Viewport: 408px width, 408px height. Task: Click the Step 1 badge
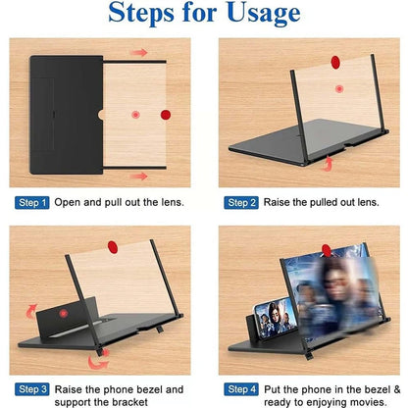click(x=31, y=202)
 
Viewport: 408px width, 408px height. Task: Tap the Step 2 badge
click(x=240, y=202)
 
